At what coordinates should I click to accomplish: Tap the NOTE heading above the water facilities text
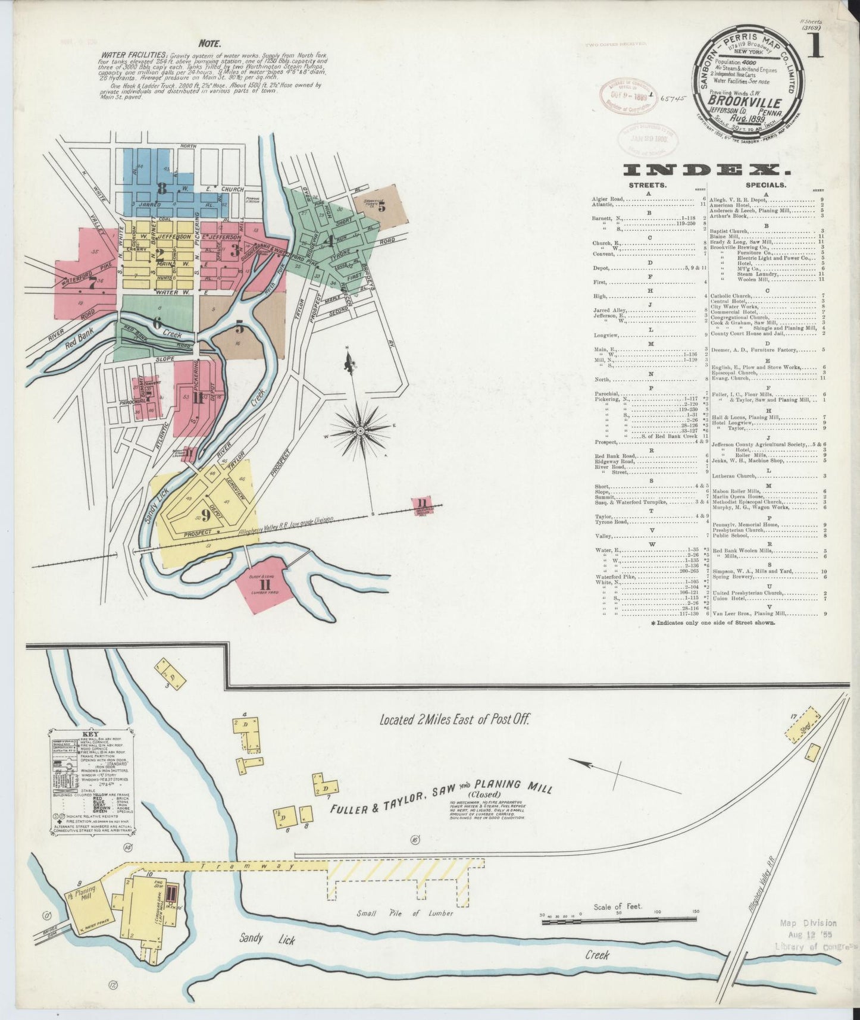pyautogui.click(x=210, y=43)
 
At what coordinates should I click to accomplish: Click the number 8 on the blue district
pyautogui.click(x=161, y=189)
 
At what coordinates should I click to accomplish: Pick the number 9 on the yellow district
pyautogui.click(x=205, y=513)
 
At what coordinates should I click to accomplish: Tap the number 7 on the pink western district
pyautogui.click(x=92, y=284)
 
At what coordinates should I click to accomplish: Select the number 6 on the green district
pyautogui.click(x=157, y=324)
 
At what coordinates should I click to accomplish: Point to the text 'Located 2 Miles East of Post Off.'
pyautogui.click(x=455, y=719)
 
